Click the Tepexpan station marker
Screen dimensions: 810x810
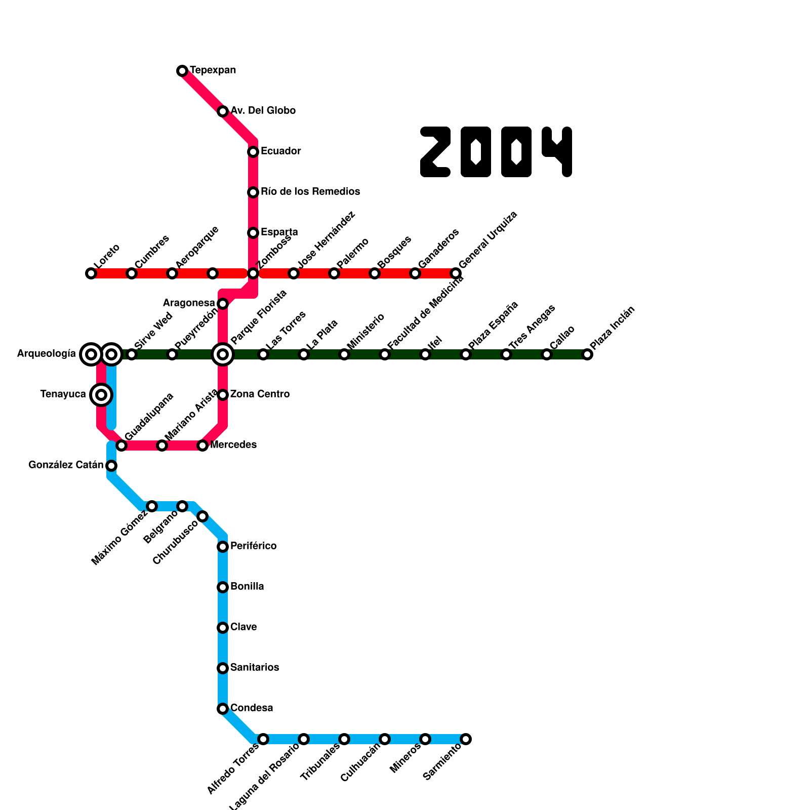point(182,71)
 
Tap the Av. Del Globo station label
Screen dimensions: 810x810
point(263,111)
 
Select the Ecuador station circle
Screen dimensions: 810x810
point(253,152)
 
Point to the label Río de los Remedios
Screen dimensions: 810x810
point(310,192)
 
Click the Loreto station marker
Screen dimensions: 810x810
point(91,273)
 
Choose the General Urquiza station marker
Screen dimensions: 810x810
point(456,273)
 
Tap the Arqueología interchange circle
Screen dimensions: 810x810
point(91,354)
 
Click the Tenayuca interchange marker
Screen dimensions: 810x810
point(101,395)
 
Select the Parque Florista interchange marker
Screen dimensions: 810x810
point(223,354)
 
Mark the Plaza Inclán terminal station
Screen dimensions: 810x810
point(587,354)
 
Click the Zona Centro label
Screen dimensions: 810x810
point(260,394)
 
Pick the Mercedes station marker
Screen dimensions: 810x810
point(202,445)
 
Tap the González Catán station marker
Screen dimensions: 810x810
point(111,466)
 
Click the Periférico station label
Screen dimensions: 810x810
point(253,546)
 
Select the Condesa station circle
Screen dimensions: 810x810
point(223,709)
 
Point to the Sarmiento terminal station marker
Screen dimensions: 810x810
point(466,739)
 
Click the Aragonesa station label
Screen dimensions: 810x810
point(189,303)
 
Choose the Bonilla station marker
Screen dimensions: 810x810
point(223,587)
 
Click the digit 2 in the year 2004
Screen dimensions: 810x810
point(435,152)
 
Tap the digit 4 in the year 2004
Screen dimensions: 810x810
point(557,152)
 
